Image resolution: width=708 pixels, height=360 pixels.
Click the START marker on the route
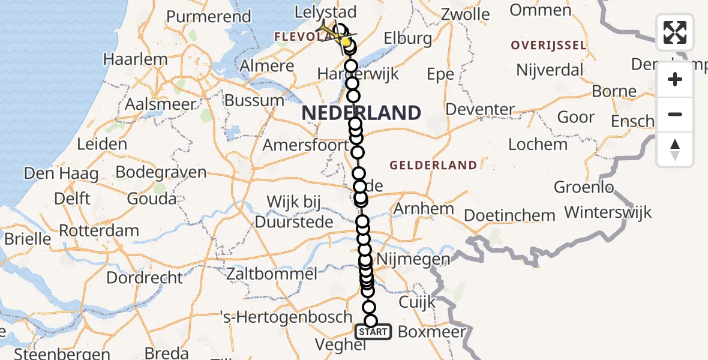pyautogui.click(x=373, y=331)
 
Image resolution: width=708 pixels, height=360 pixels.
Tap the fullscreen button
pyautogui.click(x=675, y=32)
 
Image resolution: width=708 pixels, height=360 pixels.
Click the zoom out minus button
pyautogui.click(x=675, y=114)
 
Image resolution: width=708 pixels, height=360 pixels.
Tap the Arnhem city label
pyautogui.click(x=423, y=209)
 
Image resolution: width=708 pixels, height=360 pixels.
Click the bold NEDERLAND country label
pyautogui.click(x=361, y=113)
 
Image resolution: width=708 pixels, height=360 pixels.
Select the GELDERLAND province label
pyautogui.click(x=433, y=165)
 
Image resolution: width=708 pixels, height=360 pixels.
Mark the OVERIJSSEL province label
pyautogui.click(x=547, y=45)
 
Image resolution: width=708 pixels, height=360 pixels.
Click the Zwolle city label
pyautogui.click(x=465, y=14)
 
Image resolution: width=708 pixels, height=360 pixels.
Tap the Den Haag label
pyautogui.click(x=61, y=174)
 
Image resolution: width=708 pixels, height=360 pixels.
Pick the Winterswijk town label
pyautogui.click(x=608, y=212)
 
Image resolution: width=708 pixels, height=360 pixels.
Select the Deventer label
pyautogui.click(x=481, y=110)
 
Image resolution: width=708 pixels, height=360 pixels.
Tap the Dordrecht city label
pyautogui.click(x=145, y=278)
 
